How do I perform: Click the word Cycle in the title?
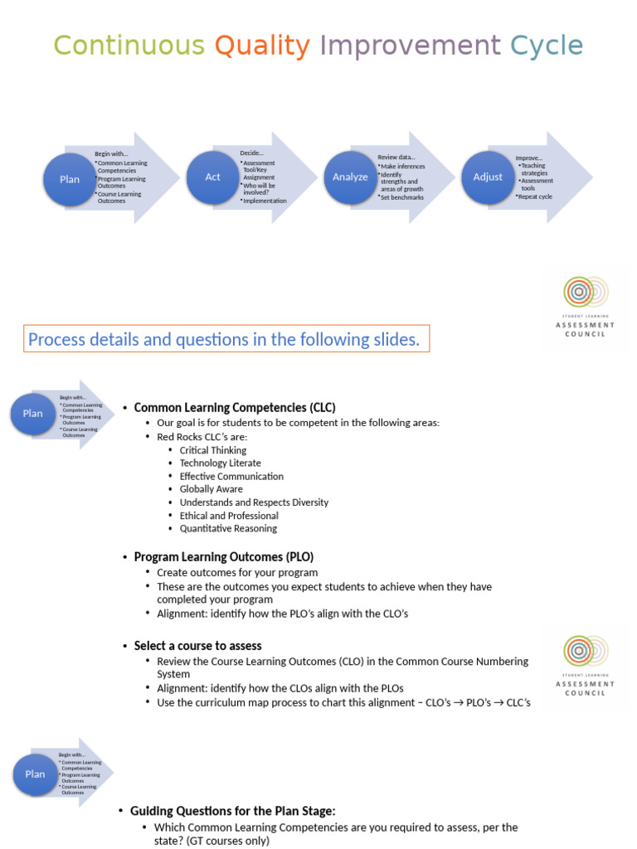(547, 46)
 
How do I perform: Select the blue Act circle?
(213, 177)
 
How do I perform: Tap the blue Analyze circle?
(350, 177)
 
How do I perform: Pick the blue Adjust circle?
(488, 177)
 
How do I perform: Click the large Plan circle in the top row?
(70, 179)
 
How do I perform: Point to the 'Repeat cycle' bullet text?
(535, 196)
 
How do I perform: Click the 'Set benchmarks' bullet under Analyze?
(402, 197)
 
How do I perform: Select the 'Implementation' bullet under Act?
(265, 201)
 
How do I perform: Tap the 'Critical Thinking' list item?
(213, 450)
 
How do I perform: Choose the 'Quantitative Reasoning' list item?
(228, 528)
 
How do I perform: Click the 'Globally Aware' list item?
(212, 489)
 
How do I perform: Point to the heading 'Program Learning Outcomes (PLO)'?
(224, 557)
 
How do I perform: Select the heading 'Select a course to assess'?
(197, 646)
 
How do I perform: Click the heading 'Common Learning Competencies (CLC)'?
(235, 408)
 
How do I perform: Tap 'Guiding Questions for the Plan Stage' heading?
(233, 811)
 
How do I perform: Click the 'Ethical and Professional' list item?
(229, 516)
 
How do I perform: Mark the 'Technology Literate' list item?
(220, 463)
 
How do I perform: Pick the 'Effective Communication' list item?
(231, 477)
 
